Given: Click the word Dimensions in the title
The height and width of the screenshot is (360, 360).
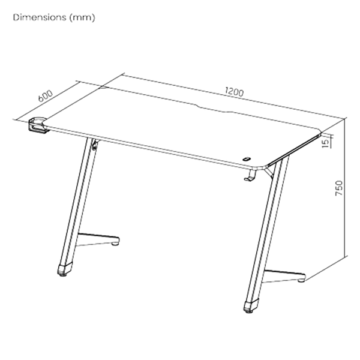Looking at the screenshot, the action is [40, 17].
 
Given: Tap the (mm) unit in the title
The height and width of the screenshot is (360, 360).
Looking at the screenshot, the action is [82, 17].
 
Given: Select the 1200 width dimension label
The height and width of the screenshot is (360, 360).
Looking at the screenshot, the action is [234, 92].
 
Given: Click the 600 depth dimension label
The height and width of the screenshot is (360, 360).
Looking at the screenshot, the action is [46, 96].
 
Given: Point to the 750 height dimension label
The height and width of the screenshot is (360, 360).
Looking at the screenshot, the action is [339, 188].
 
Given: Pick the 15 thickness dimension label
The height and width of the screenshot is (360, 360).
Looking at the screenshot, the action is [326, 143].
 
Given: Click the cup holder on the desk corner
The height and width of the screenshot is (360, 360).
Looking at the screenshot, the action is [38, 125].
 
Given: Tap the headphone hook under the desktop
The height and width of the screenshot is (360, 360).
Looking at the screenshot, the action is [250, 175].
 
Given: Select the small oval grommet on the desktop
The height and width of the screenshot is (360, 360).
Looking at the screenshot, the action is [247, 159].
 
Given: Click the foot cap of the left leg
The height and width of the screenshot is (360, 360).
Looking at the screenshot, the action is [65, 269].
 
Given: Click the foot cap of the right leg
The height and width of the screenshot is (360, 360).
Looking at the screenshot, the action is [251, 306].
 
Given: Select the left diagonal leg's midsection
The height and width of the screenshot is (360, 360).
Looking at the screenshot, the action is [79, 202].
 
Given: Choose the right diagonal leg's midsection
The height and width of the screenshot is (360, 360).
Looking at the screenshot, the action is [267, 230].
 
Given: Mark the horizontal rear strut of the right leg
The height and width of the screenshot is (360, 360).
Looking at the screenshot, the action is [284, 275].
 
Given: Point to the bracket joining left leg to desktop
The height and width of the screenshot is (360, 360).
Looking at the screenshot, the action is [95, 145].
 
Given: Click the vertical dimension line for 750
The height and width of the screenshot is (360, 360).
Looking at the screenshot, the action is [346, 187].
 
